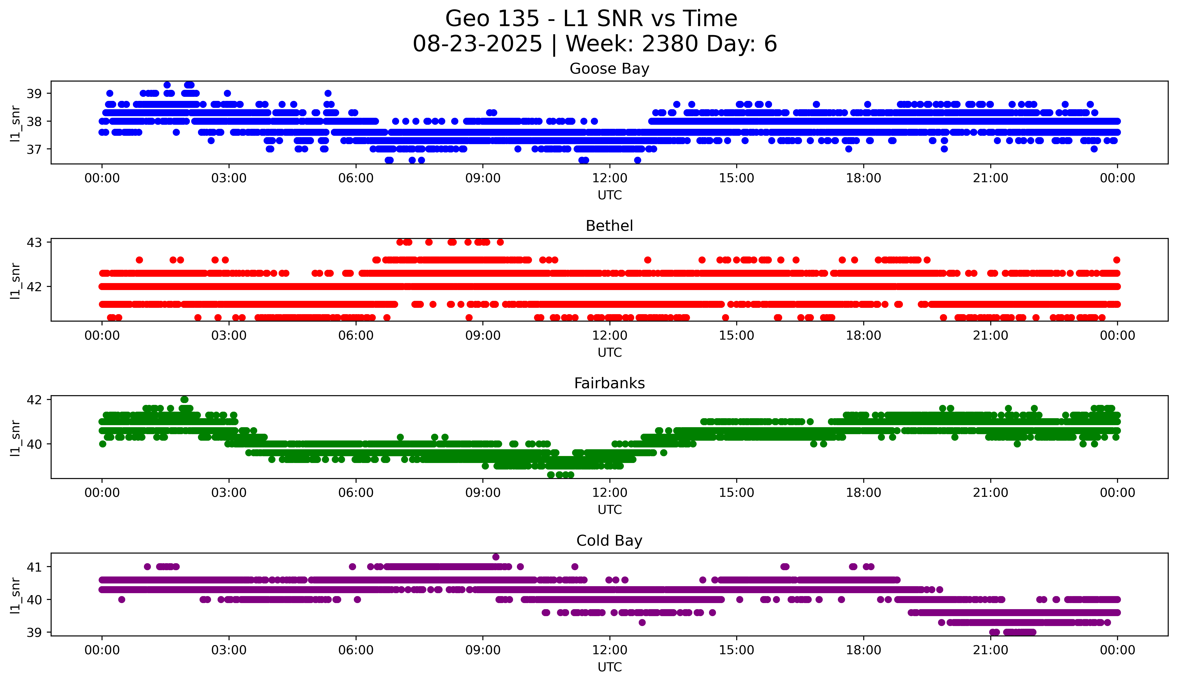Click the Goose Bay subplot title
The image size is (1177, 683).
[x=609, y=69]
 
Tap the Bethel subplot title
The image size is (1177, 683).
[x=609, y=226]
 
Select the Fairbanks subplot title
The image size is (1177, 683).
[x=609, y=383]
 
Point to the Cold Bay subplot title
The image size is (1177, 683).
[x=609, y=541]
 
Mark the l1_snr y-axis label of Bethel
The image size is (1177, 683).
[x=15, y=281]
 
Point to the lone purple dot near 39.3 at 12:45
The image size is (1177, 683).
[x=642, y=622]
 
